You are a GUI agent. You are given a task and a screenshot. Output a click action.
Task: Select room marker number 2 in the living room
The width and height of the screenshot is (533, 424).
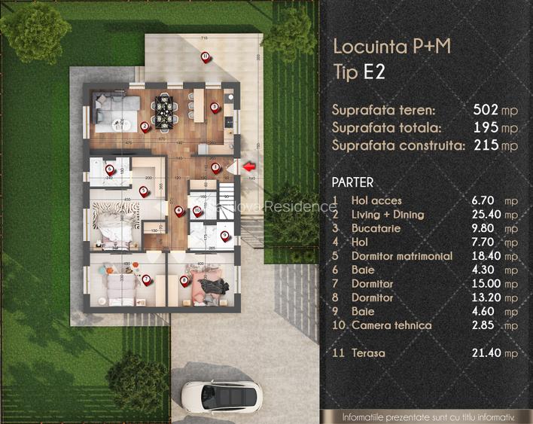click(145, 126)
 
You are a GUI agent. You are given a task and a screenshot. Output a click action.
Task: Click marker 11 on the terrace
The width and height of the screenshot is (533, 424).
click(205, 57)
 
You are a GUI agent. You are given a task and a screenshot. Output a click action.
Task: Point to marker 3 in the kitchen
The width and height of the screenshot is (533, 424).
click(215, 107)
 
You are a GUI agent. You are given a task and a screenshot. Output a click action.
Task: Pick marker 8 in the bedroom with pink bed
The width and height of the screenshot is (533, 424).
click(184, 281)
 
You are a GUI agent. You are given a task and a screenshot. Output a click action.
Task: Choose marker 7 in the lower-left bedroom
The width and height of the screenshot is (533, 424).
click(146, 279)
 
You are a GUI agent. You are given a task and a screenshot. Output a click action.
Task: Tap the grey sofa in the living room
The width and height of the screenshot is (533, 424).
click(114, 112)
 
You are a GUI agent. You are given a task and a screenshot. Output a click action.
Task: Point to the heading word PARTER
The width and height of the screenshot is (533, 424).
click(352, 182)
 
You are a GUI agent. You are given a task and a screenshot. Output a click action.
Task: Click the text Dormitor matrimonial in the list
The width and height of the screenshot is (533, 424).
click(401, 256)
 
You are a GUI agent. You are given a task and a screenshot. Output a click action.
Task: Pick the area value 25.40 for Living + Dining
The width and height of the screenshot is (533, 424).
click(489, 215)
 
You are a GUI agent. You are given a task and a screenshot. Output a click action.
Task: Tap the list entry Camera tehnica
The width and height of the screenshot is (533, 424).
click(391, 325)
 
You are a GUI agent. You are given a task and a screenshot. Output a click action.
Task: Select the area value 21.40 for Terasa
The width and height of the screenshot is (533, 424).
click(489, 352)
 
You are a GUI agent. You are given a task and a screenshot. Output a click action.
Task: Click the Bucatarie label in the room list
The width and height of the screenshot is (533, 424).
click(376, 228)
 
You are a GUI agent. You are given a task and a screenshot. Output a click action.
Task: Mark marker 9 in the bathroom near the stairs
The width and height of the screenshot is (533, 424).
click(224, 236)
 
